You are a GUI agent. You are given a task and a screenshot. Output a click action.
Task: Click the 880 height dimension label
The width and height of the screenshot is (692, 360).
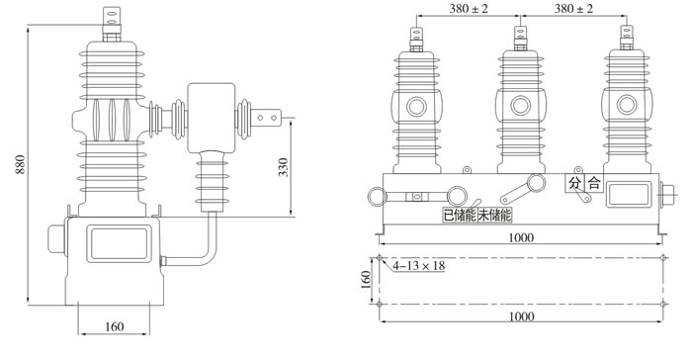[21, 164]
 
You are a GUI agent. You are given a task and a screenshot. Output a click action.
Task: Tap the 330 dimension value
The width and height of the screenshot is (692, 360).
[284, 167]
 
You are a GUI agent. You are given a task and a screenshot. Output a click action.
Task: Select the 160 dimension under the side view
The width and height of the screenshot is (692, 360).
[114, 326]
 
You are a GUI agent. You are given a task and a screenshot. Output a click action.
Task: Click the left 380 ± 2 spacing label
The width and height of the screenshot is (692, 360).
[469, 8]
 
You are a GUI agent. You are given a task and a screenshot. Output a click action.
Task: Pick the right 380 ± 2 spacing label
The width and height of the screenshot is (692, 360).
[573, 8]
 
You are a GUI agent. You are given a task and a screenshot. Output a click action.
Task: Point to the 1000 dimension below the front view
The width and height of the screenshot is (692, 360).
[521, 237]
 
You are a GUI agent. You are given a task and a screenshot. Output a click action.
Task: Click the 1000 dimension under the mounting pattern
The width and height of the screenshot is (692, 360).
[522, 316]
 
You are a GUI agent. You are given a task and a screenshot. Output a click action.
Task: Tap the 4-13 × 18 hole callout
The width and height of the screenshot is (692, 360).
[419, 265]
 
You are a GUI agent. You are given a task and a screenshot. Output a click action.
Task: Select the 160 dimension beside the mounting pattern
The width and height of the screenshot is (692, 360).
[366, 280]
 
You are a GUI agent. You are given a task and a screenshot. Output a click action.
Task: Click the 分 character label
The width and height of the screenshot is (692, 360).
[574, 183]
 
